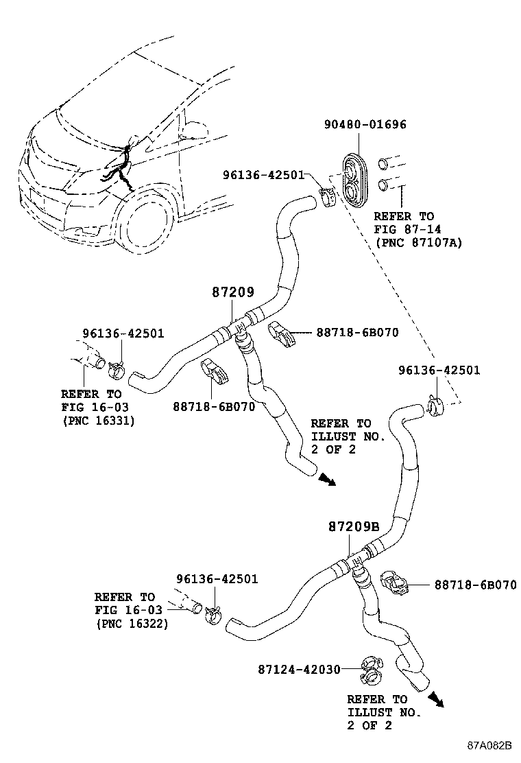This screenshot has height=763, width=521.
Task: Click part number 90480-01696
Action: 365,125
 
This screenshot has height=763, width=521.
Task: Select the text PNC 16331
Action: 98,421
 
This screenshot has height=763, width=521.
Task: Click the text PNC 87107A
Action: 418,242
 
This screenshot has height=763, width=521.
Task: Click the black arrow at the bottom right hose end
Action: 435,699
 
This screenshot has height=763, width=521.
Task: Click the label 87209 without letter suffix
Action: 232,292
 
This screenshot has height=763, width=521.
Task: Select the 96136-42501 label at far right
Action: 439,371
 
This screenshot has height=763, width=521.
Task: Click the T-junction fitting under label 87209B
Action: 356,563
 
